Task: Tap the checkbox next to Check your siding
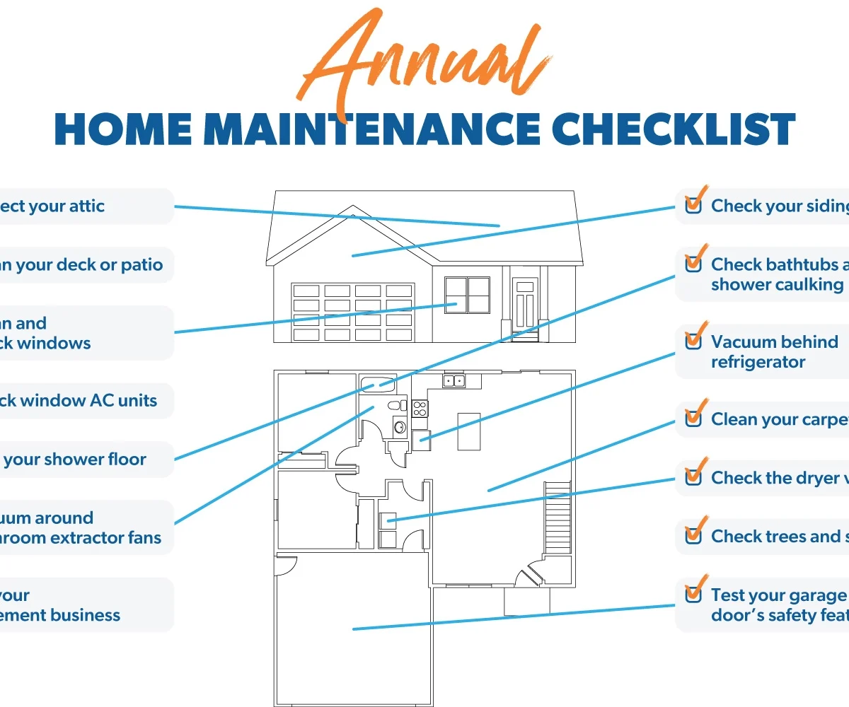[x=693, y=206]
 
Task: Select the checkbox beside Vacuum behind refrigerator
[x=693, y=341]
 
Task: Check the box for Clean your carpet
[x=693, y=419]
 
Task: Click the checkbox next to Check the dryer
[x=693, y=478]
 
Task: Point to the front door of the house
[x=524, y=308]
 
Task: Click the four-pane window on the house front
[x=467, y=295]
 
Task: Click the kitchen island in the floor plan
[x=468, y=431]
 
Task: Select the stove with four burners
[x=420, y=408]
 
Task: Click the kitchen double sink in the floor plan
[x=454, y=382]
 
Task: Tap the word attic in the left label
[x=86, y=206]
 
